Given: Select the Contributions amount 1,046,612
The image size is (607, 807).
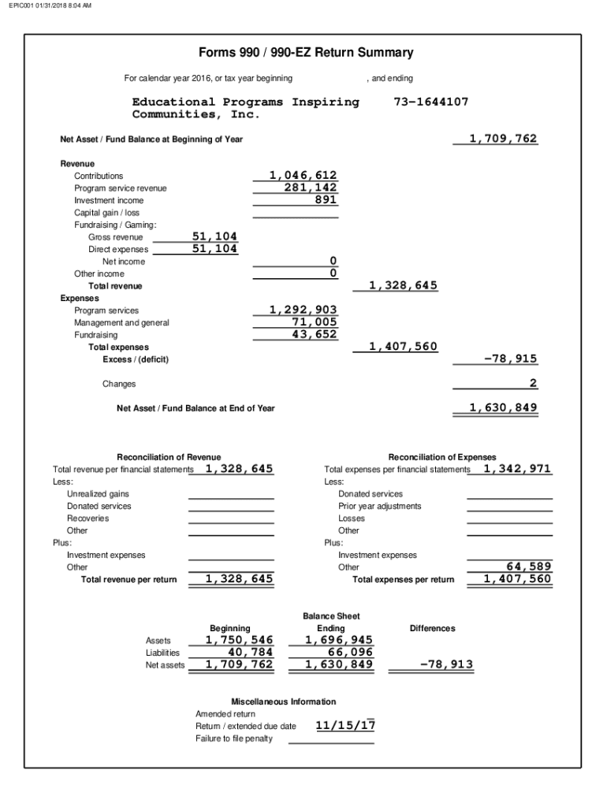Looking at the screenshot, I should click(303, 175).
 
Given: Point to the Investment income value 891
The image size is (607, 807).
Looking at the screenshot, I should click(325, 200).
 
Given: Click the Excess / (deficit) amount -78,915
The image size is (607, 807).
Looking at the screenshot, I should click(510, 359).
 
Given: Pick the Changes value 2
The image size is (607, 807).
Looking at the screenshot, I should click(533, 383).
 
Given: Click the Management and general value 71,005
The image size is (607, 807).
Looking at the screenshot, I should click(314, 322).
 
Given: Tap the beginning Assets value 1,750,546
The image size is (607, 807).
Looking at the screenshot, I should click(240, 640).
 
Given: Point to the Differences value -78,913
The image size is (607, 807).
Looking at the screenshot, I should click(446, 664).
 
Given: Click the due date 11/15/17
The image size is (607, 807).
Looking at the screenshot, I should click(345, 725).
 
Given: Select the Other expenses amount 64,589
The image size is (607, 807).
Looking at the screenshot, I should click(527, 567).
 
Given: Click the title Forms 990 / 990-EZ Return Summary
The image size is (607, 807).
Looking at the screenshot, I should click(306, 53).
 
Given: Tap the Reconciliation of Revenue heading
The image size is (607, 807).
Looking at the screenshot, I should click(169, 457).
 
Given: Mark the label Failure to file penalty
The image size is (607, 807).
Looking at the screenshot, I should click(234, 738).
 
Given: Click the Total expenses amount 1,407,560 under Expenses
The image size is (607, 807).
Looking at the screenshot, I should click(404, 346).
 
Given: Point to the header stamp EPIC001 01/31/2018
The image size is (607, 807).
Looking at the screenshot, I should click(50, 6).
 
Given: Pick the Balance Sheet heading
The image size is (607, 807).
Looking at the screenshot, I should click(331, 615).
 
